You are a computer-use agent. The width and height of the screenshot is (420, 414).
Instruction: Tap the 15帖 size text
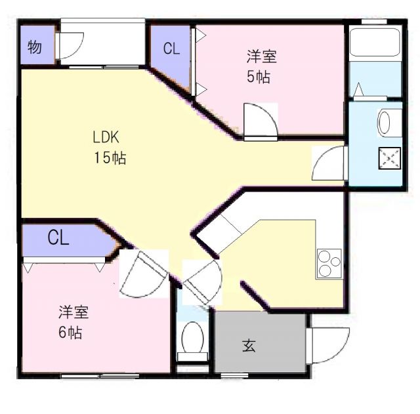click(110, 158)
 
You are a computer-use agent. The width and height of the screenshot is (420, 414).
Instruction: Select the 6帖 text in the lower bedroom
click(70, 332)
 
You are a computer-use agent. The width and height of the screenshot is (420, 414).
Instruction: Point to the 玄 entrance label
click(249, 345)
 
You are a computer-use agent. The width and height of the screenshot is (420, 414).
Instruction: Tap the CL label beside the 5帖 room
click(171, 49)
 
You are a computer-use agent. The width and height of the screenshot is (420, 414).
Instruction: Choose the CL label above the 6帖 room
click(58, 239)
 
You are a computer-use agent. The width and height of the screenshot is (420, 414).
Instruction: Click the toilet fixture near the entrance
click(193, 338)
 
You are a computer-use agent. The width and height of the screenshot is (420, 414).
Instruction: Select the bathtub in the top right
click(375, 43)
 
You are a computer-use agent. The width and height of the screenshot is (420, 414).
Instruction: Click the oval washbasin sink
click(385, 122)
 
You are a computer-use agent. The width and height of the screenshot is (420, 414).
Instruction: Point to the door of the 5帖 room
click(259, 120)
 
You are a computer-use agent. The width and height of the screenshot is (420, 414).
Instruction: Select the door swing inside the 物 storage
click(69, 47)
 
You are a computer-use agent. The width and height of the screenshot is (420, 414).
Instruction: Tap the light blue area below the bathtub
click(374, 81)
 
